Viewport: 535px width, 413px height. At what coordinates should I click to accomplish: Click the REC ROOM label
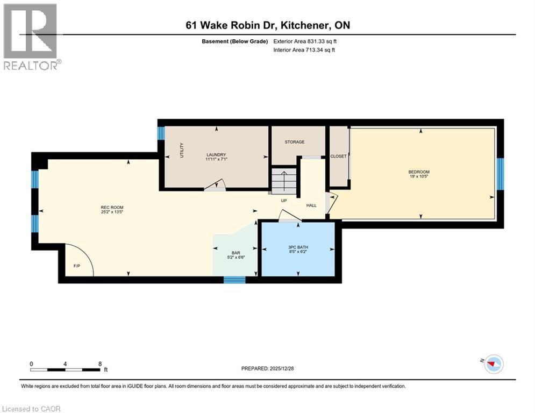pyautogui.click(x=112, y=207)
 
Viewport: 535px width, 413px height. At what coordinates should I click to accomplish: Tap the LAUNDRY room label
pyautogui.click(x=216, y=155)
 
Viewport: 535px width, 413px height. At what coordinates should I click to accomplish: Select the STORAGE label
pyautogui.click(x=295, y=141)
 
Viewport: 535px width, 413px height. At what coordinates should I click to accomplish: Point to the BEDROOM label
pyautogui.click(x=419, y=172)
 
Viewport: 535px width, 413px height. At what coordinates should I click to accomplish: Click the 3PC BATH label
pyautogui.click(x=298, y=247)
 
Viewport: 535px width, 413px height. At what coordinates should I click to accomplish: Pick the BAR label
pyautogui.click(x=236, y=253)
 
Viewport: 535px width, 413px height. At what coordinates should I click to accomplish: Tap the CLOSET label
pyautogui.click(x=338, y=156)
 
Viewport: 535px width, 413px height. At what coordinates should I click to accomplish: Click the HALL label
pyautogui.click(x=311, y=205)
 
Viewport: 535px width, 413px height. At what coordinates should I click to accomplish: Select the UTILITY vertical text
pyautogui.click(x=182, y=150)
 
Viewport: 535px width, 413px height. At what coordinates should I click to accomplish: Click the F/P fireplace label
pyautogui.click(x=77, y=266)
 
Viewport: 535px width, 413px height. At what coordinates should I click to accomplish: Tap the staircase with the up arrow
pyautogui.click(x=284, y=180)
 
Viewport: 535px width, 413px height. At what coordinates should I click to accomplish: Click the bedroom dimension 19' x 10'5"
pyautogui.click(x=419, y=176)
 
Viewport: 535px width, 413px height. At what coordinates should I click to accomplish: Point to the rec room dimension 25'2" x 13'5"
pyautogui.click(x=112, y=212)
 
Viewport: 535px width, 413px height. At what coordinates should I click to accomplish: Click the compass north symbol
pyautogui.click(x=494, y=364)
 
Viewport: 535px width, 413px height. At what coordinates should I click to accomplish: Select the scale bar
pyautogui.click(x=65, y=369)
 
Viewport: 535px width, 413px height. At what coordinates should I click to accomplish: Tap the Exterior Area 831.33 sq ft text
pyautogui.click(x=305, y=41)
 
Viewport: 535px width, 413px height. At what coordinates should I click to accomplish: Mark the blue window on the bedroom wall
pyautogui.click(x=500, y=174)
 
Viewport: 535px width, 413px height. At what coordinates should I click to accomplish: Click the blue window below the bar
pyautogui.click(x=234, y=280)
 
